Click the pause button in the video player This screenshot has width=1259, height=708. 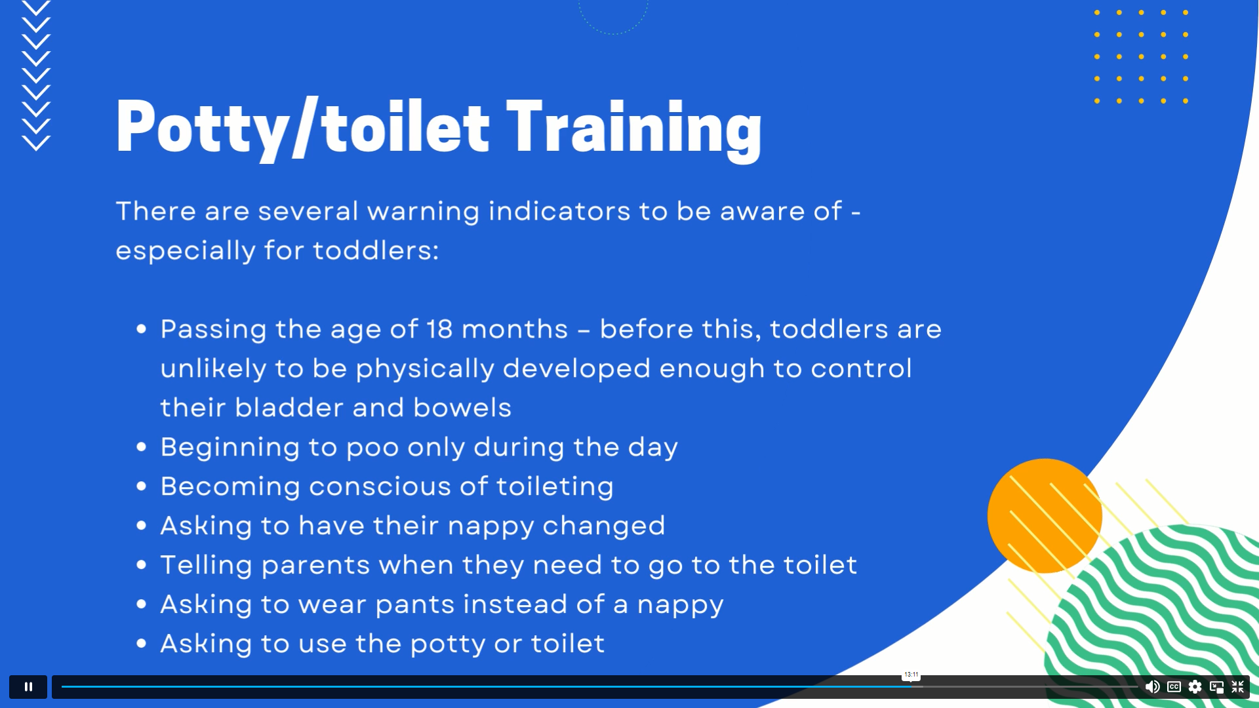[28, 686]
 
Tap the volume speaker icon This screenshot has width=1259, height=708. [1152, 686]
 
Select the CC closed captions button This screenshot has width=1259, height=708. [1174, 686]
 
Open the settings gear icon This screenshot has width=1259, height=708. [1195, 686]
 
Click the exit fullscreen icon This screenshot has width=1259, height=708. [1238, 686]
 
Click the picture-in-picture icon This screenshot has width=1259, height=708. [1217, 686]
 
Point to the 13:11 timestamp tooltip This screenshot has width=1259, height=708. [911, 675]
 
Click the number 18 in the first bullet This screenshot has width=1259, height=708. [439, 329]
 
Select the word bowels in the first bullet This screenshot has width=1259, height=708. [462, 408]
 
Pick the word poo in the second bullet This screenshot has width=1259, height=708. [372, 448]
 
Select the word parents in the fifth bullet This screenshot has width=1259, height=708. [315, 566]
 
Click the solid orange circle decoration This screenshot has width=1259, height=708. [1045, 516]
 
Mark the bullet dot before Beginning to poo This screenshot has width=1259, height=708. [142, 447]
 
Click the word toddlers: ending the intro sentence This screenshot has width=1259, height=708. [376, 250]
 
